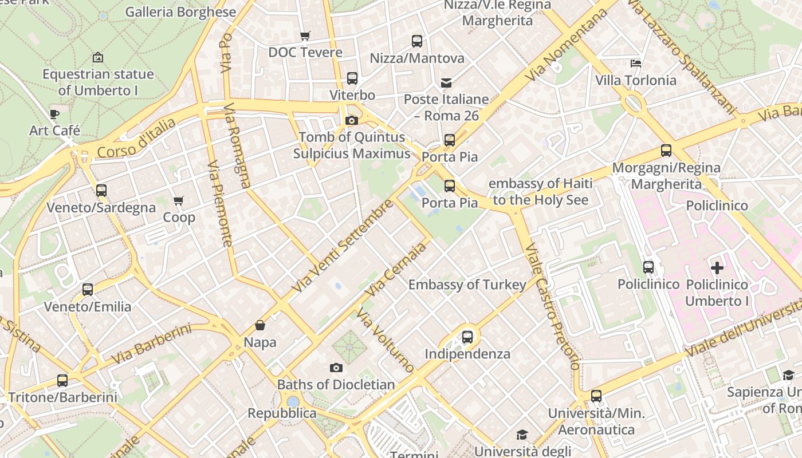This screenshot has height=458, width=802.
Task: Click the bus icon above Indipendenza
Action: tap(467, 337)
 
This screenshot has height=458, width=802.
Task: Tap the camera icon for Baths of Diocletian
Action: tap(336, 368)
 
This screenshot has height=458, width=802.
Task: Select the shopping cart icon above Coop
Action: tap(178, 201)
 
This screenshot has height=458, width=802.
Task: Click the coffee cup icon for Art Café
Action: tap(54, 114)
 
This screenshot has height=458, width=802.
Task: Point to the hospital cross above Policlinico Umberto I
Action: tap(717, 267)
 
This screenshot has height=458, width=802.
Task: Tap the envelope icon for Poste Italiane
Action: tap(446, 83)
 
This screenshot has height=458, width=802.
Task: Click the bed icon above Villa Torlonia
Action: tap(635, 63)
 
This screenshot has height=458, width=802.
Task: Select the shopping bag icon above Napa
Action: tap(260, 326)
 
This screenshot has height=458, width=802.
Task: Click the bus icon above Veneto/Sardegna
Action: tap(101, 191)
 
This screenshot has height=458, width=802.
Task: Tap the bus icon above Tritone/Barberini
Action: tap(62, 381)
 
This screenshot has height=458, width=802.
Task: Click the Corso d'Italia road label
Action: tap(136, 139)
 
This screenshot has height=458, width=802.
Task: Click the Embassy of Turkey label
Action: tap(467, 285)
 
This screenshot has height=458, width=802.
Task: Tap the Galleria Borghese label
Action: tap(180, 12)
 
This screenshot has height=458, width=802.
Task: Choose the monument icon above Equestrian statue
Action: tap(98, 57)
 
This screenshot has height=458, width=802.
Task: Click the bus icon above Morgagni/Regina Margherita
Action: tap(666, 151)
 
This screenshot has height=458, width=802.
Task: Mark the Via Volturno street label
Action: tap(384, 341)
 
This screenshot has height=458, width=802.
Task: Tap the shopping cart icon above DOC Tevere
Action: tap(305, 35)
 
